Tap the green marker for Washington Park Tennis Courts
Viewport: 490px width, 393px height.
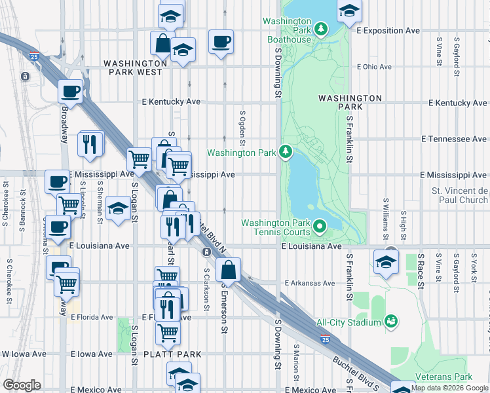[320, 227]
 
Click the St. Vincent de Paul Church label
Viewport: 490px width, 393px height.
[459, 195]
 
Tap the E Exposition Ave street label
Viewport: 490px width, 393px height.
[388, 31]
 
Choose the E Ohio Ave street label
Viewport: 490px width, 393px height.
[374, 67]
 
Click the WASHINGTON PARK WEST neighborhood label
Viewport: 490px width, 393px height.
[133, 68]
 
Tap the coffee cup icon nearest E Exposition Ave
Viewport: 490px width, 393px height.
[220, 43]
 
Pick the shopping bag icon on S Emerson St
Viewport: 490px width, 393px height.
[228, 269]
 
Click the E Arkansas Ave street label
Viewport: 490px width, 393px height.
[310, 284]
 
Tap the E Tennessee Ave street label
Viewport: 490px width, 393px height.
[454, 140]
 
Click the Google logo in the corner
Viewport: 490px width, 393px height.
[22, 385]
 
